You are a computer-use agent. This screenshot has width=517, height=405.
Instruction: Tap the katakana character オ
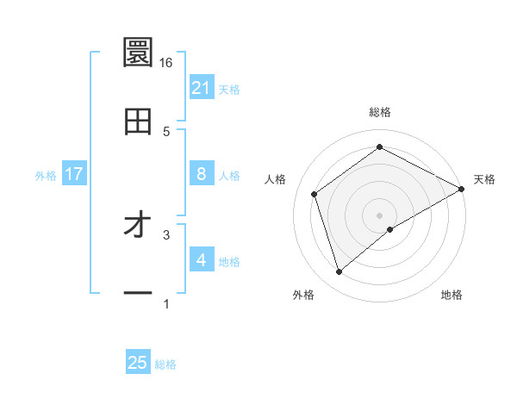click(x=138, y=226)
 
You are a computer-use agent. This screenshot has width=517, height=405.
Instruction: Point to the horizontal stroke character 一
click(x=138, y=294)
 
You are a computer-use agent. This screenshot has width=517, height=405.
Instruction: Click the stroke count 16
click(x=166, y=62)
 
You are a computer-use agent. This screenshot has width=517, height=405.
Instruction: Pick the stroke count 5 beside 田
click(x=166, y=131)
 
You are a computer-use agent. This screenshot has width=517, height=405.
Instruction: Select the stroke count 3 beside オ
click(x=166, y=234)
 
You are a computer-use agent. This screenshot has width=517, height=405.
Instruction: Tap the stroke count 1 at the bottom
click(x=166, y=303)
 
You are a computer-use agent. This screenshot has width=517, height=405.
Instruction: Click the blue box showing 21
click(x=202, y=88)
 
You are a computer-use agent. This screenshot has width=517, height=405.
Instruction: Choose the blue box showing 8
click(x=202, y=174)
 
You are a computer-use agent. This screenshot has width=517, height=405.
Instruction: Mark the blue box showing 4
click(x=202, y=260)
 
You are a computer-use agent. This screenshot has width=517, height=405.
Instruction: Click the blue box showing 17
click(x=74, y=174)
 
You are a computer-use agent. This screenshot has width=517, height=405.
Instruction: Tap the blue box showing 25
click(x=138, y=363)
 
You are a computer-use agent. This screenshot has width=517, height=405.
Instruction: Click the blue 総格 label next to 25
click(x=165, y=364)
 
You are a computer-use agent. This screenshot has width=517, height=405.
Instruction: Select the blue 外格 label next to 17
click(x=46, y=176)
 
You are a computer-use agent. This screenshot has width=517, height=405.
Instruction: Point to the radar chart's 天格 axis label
click(x=484, y=179)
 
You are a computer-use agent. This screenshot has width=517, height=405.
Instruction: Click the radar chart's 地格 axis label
click(x=452, y=295)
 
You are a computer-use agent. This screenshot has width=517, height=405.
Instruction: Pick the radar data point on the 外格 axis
click(x=339, y=272)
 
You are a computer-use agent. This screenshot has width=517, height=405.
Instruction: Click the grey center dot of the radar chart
click(x=379, y=215)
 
